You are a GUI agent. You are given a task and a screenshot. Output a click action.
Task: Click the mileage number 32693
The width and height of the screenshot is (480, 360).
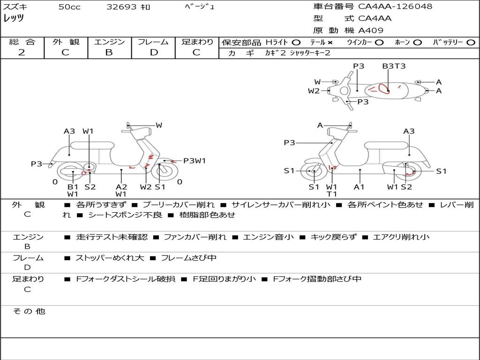[121, 7]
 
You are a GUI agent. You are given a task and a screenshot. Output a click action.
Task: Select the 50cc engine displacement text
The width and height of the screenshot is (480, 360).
[69, 7]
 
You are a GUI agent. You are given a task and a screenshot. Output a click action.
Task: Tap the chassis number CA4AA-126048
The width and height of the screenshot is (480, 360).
[395, 7]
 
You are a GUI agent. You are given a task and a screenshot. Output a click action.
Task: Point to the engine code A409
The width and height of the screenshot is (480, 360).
[371, 30]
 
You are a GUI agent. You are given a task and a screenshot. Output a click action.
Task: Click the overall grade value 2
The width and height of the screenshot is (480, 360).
[22, 52]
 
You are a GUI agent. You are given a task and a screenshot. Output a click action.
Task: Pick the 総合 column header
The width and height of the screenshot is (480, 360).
[22, 42]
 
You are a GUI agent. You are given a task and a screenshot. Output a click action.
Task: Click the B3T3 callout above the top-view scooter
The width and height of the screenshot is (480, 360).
[394, 66]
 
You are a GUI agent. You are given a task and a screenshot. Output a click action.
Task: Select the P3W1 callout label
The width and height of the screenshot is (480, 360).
[195, 161]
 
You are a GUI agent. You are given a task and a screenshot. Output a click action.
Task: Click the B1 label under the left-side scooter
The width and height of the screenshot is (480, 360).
[73, 187]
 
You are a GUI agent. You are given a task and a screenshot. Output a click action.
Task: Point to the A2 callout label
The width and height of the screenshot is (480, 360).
[121, 187]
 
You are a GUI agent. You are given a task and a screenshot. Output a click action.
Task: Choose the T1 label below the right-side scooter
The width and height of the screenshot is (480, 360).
[332, 194]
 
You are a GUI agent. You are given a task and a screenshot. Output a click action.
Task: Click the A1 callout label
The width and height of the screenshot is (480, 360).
[359, 187]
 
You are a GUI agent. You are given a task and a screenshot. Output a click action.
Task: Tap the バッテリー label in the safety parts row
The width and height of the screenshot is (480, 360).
[448, 43]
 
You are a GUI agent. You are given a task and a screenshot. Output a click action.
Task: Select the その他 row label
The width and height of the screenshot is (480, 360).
[29, 311]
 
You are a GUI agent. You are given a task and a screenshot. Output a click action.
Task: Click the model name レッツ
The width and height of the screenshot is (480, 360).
[14, 19]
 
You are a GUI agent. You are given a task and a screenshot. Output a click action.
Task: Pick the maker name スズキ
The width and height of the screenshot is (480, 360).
[15, 7]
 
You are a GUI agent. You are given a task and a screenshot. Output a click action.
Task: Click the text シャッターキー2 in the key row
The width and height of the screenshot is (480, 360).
[310, 53]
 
